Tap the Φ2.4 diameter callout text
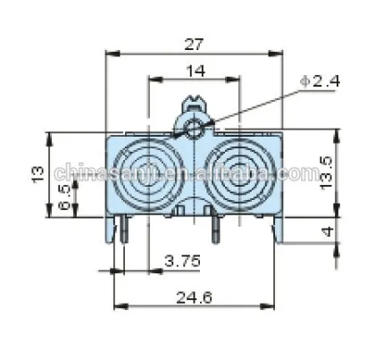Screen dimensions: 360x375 pyautogui.click(x=319, y=81)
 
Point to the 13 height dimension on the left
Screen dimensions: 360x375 pyautogui.click(x=37, y=174)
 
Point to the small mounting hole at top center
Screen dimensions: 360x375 pyautogui.click(x=195, y=130)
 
